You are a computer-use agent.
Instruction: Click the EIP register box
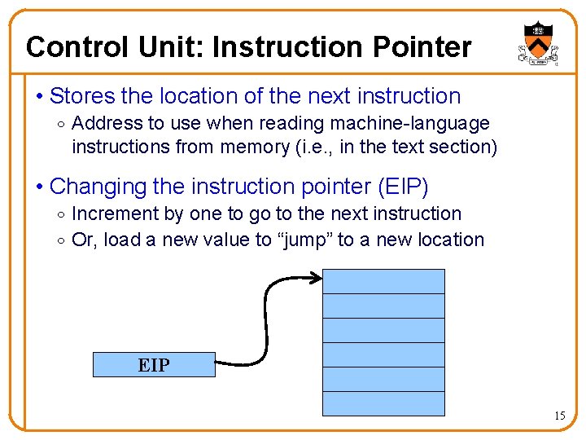coord(154,365)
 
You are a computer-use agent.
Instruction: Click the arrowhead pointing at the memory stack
coord(317,282)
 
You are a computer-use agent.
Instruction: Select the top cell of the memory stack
coord(384,281)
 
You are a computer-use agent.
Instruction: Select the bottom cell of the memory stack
coord(384,403)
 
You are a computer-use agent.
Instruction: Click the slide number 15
coord(560,416)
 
